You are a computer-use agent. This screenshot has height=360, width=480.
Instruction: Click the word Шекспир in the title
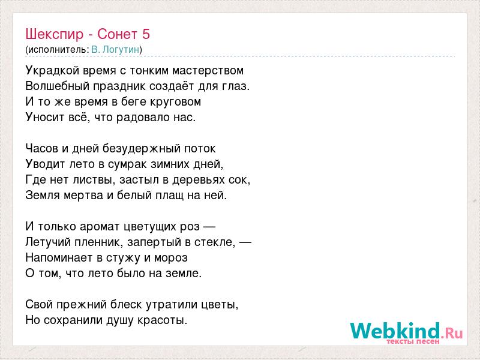tap(54, 34)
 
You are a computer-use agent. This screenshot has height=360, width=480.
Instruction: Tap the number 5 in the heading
tap(146, 34)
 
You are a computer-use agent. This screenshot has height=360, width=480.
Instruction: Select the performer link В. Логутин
tap(115, 49)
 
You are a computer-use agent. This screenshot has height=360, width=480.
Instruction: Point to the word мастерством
tap(208, 71)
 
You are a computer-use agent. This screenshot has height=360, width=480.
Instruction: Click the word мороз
tap(171, 258)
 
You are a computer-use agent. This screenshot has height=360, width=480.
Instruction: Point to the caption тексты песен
tap(413, 341)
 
